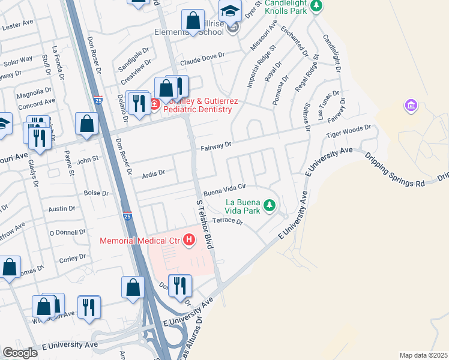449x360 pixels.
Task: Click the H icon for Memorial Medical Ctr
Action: (190, 241)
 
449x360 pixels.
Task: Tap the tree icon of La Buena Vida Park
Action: (270, 206)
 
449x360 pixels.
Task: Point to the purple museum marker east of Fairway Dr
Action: (411, 106)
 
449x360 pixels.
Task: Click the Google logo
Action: (20, 352)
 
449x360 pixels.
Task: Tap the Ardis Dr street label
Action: (153, 174)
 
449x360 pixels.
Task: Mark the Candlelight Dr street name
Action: (331, 53)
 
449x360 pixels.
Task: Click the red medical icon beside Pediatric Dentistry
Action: (154, 104)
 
